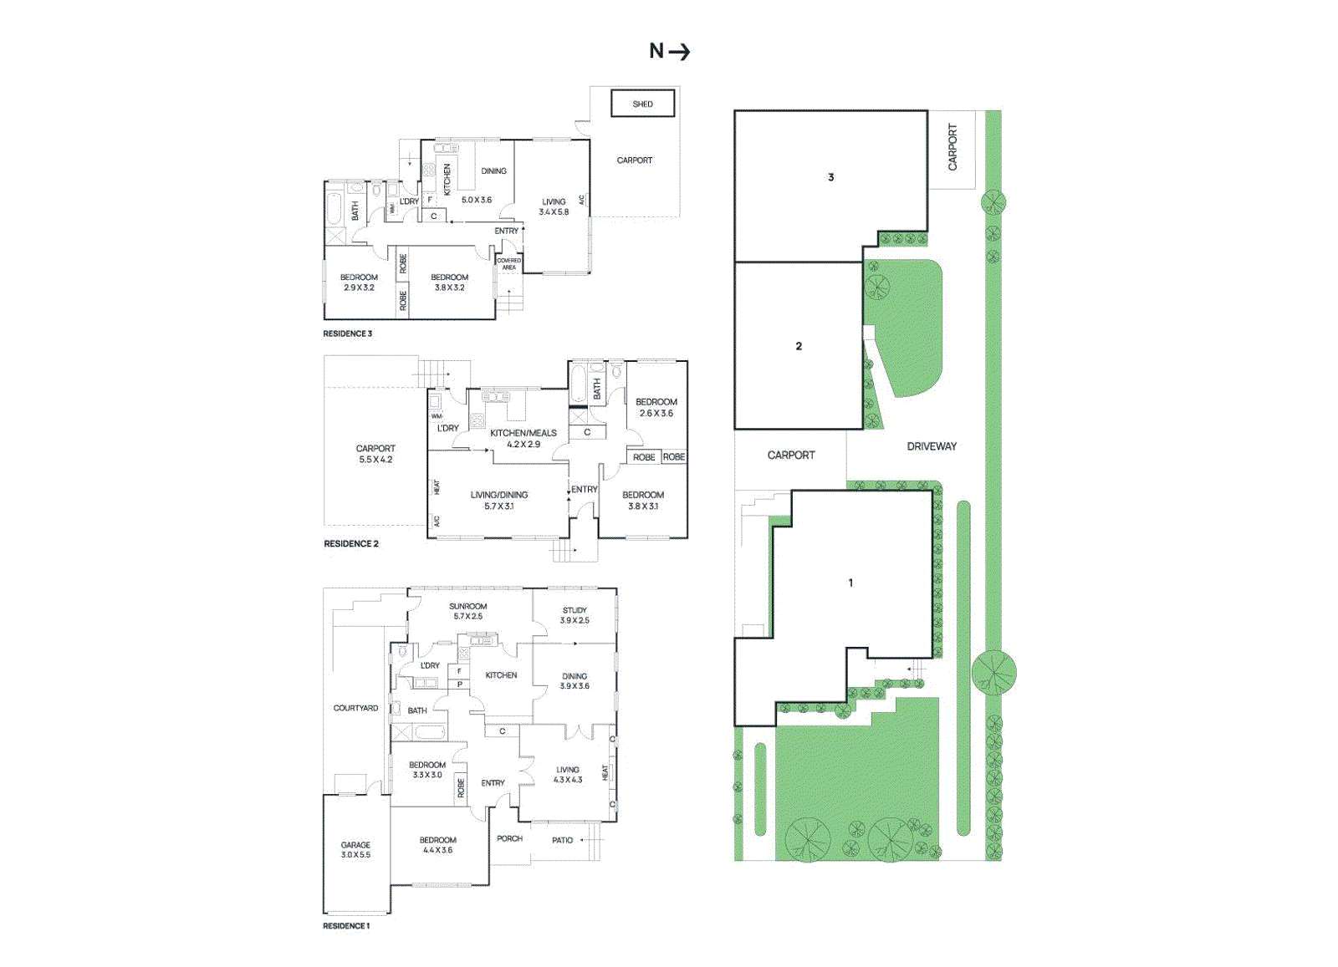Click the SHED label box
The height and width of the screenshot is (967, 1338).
tap(642, 104)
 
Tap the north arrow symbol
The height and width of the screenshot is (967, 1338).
tap(670, 52)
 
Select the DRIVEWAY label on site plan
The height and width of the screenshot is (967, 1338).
tap(932, 446)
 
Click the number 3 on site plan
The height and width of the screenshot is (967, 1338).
tap(830, 177)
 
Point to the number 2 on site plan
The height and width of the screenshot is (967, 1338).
tap(799, 346)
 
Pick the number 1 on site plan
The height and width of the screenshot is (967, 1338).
tap(850, 583)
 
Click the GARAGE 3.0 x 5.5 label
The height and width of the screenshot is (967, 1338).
tap(355, 850)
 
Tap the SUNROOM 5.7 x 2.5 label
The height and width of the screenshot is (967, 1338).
tap(467, 611)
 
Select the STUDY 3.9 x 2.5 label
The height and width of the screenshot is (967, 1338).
tap(575, 615)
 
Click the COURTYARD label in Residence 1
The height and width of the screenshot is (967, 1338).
tap(355, 708)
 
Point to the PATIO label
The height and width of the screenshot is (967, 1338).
tap(563, 840)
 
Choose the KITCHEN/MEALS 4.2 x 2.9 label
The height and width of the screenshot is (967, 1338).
tap(523, 438)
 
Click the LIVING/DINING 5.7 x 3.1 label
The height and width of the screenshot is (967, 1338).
tap(499, 500)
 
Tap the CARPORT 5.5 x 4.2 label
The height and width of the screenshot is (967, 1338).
tap(375, 454)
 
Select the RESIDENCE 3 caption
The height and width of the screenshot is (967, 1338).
tap(348, 333)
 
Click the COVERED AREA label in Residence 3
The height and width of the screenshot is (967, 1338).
tap(508, 264)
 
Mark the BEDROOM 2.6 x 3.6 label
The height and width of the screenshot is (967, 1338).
tap(656, 407)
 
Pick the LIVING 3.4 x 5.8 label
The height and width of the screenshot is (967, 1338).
tap(554, 206)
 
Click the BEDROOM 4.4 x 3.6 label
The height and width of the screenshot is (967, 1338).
tap(437, 845)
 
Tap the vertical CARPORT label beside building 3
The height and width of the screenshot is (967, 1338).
tap(952, 148)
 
